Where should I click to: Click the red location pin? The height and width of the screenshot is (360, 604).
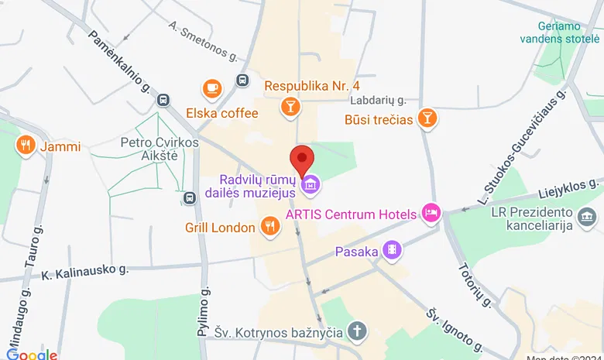pos(301,159)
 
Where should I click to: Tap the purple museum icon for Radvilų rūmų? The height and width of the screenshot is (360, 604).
pos(311,184)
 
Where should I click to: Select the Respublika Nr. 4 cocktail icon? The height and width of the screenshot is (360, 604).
pos(290,107)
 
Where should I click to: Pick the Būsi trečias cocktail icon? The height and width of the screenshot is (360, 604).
pos(427,118)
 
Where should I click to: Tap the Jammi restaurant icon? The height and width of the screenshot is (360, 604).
pos(26,145)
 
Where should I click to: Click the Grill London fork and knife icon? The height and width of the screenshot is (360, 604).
pos(269,227)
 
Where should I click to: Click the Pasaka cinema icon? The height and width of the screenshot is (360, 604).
pos(394,250)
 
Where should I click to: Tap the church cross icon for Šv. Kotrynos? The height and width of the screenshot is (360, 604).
pos(355,331)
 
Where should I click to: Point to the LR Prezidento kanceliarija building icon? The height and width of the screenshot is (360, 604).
pos(588,214)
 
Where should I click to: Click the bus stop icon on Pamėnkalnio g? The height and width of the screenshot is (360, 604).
pos(163,100)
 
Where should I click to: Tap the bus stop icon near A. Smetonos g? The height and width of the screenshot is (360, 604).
pos(242,80)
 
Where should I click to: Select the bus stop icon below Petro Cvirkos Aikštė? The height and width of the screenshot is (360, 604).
pos(189,198)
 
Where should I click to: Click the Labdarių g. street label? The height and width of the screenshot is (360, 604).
pos(378,100)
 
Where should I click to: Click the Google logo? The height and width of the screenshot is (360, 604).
pos(32,354)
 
